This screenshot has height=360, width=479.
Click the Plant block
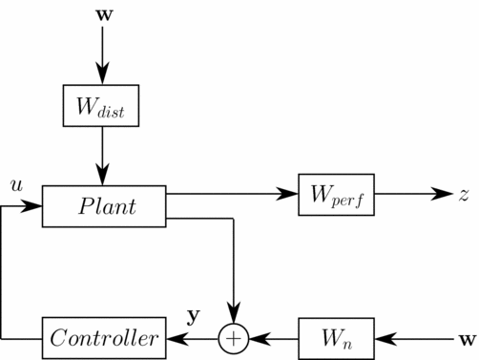click(x=105, y=206)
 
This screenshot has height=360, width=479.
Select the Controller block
click(x=105, y=338)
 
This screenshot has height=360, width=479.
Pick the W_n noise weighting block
click(x=331, y=338)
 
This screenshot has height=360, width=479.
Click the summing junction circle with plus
click(x=234, y=338)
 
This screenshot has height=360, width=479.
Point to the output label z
click(x=463, y=194)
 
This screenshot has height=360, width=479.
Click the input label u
click(x=15, y=183)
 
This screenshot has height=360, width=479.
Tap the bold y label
click(x=192, y=314)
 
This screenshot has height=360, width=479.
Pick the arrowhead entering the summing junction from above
click(x=234, y=317)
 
